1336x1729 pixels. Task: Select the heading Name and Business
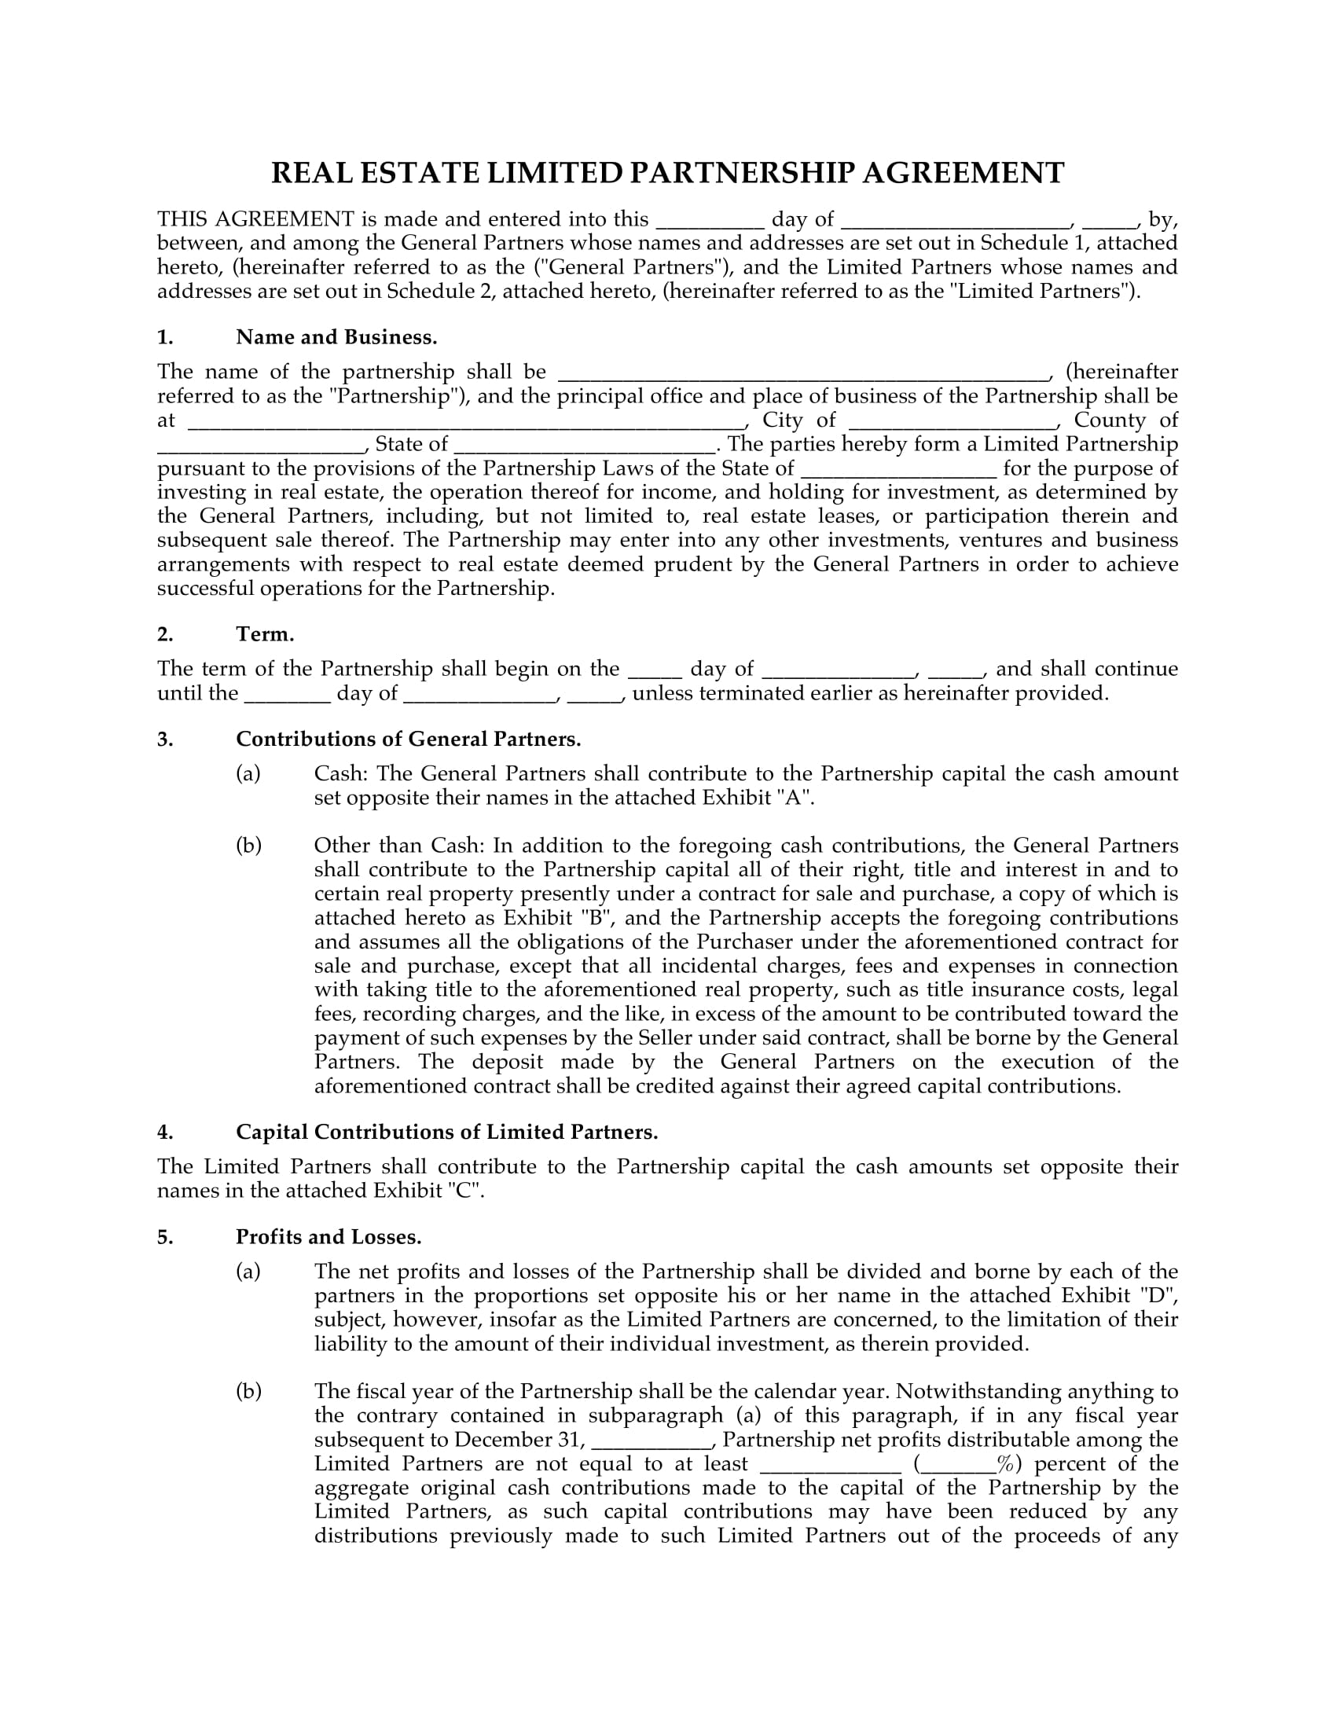pyautogui.click(x=336, y=338)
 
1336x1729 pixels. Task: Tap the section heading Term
pyautogui.click(x=265, y=635)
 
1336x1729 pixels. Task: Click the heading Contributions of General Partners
pyautogui.click(x=409, y=740)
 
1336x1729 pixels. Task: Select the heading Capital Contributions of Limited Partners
pyautogui.click(x=447, y=1132)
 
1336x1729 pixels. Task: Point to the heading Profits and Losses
pyautogui.click(x=328, y=1237)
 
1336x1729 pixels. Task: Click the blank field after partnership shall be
pyautogui.click(x=803, y=373)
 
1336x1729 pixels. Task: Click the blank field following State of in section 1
pyautogui.click(x=585, y=445)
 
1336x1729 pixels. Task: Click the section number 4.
pyautogui.click(x=164, y=1132)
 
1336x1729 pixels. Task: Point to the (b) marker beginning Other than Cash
pyautogui.click(x=248, y=846)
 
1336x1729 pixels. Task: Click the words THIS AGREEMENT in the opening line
pyautogui.click(x=255, y=219)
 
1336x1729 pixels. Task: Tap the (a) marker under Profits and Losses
pyautogui.click(x=248, y=1272)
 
